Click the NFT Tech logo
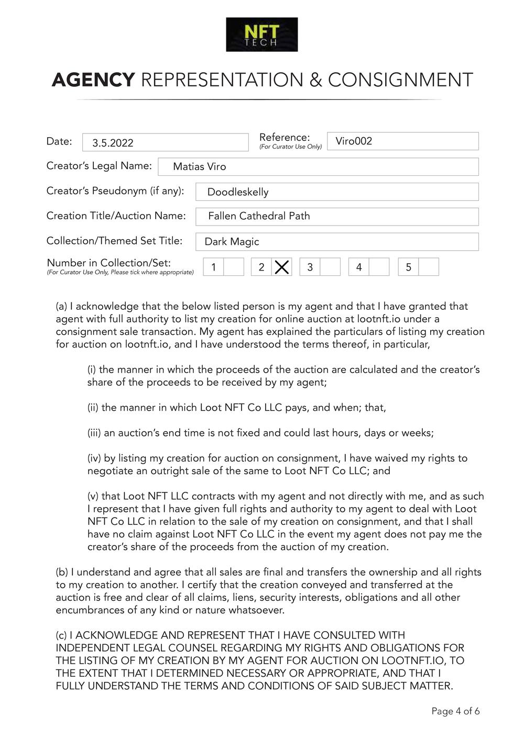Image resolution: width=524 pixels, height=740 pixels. [x=261, y=35]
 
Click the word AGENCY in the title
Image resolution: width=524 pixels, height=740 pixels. [x=93, y=80]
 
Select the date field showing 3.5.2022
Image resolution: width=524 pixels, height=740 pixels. [x=165, y=142]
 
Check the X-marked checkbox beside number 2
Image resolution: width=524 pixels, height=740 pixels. [x=282, y=267]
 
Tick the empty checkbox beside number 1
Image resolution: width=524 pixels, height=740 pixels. [x=234, y=267]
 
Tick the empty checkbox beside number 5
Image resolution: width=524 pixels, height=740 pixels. [x=429, y=267]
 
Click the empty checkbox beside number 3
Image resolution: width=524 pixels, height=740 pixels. [x=330, y=267]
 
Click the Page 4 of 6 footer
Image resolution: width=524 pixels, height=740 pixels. [x=455, y=711]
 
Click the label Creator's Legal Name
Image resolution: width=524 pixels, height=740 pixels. [x=99, y=166]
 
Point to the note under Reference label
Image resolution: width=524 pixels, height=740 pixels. [x=290, y=147]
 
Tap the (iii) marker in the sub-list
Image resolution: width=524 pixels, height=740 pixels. [x=94, y=433]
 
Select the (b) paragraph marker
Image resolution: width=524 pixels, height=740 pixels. [x=62, y=572]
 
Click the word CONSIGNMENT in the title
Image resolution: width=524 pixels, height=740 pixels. [x=400, y=80]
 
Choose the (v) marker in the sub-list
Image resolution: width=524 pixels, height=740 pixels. [x=93, y=496]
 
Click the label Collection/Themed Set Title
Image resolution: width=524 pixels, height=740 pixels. [x=114, y=241]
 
